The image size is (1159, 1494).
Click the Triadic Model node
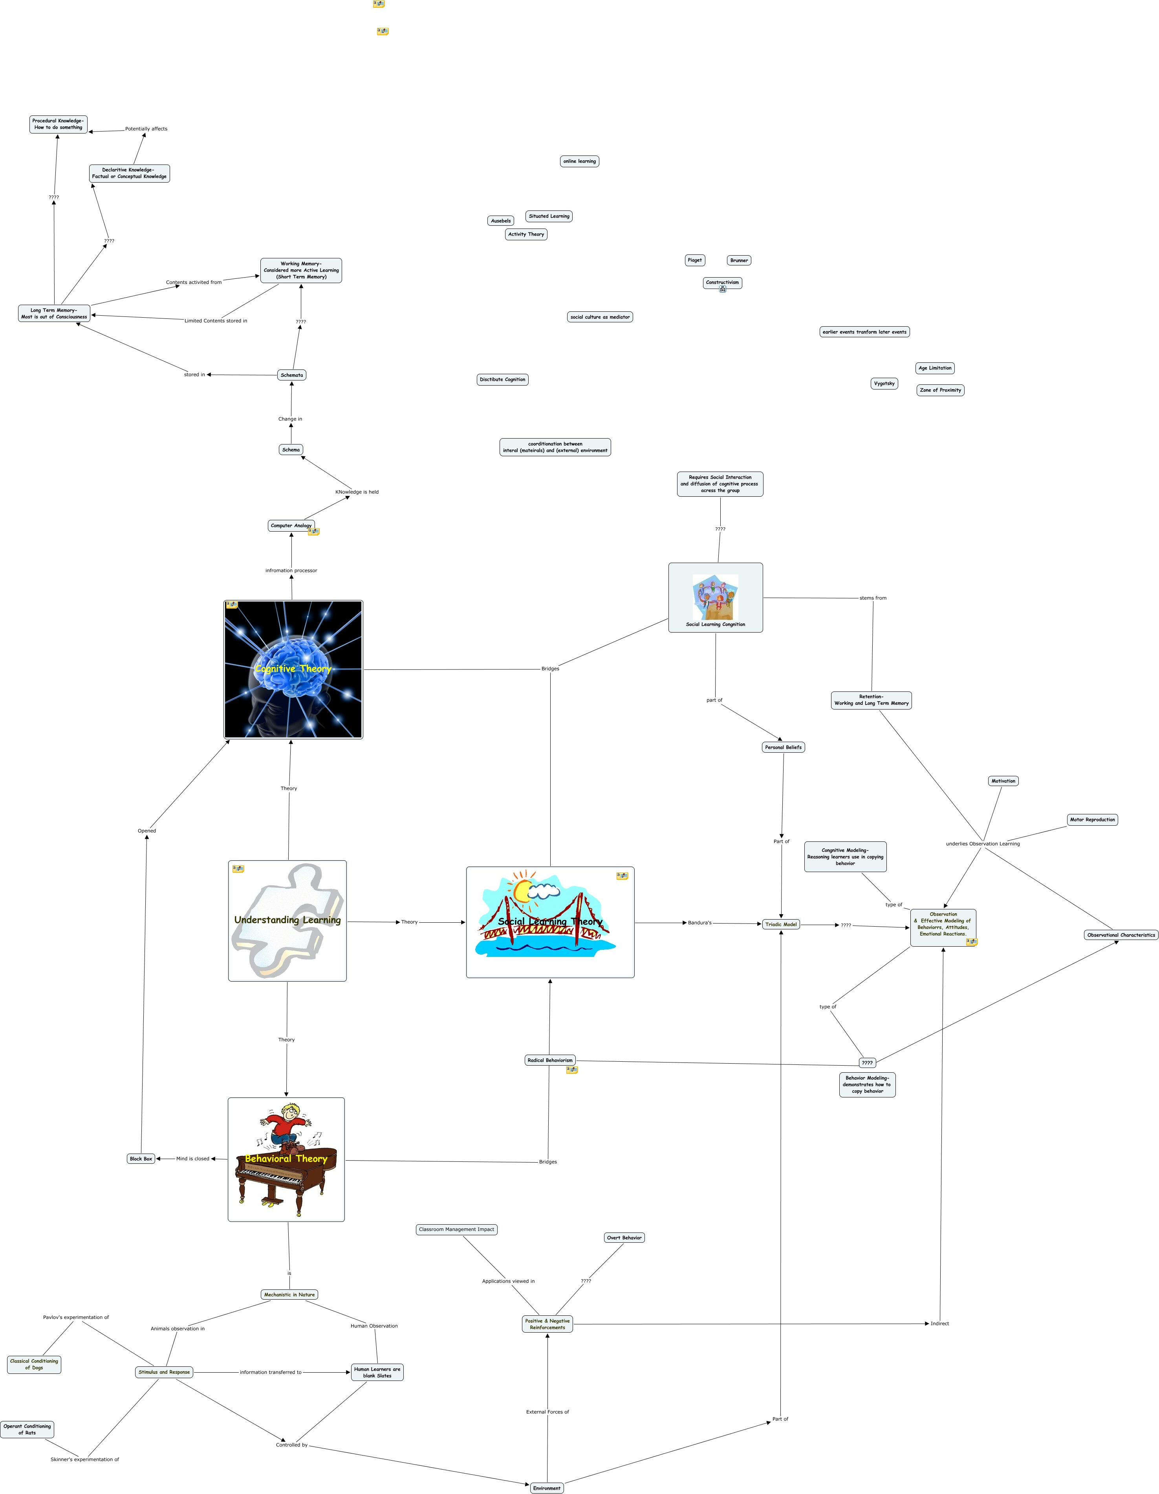coord(781,924)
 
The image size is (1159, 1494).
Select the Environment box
coord(547,1488)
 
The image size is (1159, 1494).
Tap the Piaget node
coord(694,260)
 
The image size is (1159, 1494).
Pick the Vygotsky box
coord(884,383)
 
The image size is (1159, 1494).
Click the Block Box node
coord(141,1159)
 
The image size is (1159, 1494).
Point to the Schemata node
coord(291,375)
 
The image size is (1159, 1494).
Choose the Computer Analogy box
coord(291,525)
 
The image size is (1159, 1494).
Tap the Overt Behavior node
coord(624,1238)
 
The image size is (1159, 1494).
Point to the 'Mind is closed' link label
coord(192,1159)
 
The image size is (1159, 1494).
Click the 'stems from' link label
coord(872,598)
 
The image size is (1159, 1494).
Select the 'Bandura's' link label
coord(699,923)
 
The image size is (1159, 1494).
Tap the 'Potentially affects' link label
coord(146,129)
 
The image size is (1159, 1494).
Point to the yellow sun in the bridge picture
coord(524,891)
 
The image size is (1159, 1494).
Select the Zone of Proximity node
coord(940,390)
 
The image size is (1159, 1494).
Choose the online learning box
coord(580,161)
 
